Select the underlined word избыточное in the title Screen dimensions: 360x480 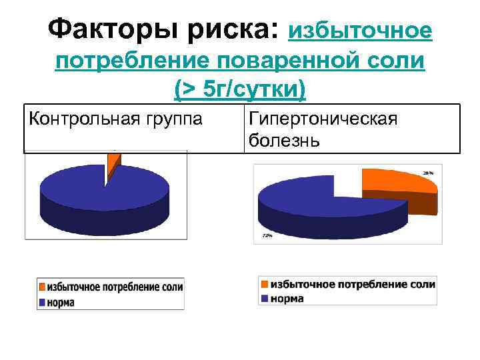point(360,30)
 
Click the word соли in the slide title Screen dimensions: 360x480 point(399,61)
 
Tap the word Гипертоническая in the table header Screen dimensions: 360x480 point(323,119)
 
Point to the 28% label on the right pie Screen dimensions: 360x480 point(427,173)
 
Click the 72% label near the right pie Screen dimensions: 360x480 point(267,235)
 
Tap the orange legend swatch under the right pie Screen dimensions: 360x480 point(265,285)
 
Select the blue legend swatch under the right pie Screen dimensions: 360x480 point(265,298)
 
